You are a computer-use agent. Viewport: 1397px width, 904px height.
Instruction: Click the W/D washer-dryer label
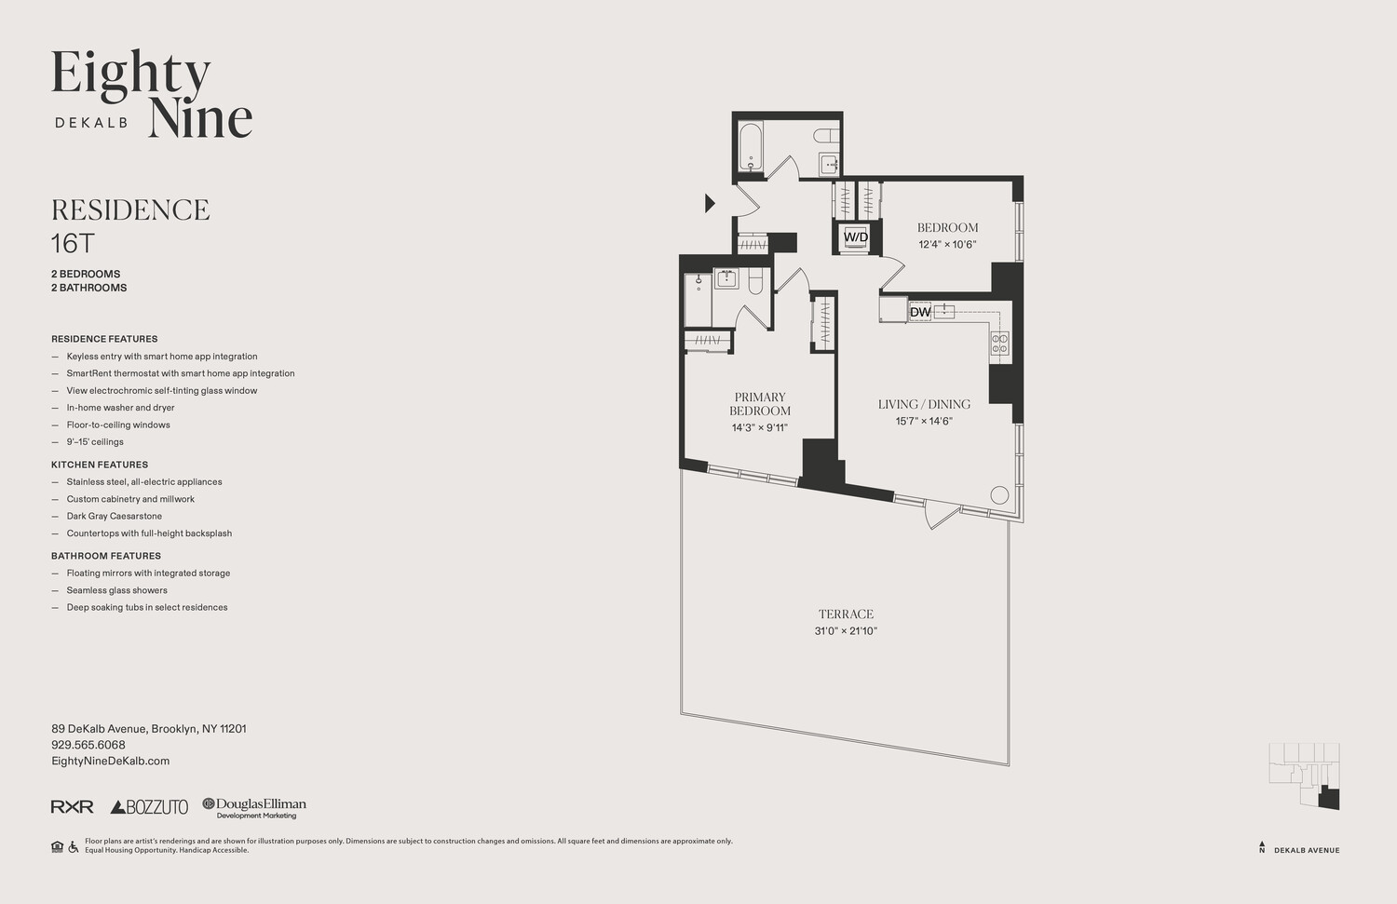point(855,237)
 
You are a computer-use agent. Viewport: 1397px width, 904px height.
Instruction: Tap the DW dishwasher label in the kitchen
point(920,312)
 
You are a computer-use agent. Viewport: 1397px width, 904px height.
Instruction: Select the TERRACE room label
point(846,614)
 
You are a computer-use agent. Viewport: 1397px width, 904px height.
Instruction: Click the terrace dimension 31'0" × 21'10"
point(846,631)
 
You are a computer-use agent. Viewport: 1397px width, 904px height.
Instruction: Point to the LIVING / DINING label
point(924,404)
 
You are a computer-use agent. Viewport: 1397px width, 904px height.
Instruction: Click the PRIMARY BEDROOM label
point(760,404)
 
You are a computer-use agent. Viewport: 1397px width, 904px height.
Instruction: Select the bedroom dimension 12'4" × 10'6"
point(947,245)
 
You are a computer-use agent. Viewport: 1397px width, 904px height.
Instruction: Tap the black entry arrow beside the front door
point(710,202)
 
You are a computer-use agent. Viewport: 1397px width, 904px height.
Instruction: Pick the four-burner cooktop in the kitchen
point(999,344)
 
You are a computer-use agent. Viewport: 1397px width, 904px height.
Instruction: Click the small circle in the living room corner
point(999,494)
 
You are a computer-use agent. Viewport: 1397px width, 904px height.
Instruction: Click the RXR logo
point(72,807)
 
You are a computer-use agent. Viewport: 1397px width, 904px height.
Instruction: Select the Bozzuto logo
point(149,807)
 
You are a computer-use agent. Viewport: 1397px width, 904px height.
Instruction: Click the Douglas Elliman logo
point(254,807)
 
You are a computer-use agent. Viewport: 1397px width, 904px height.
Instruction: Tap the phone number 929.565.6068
point(88,745)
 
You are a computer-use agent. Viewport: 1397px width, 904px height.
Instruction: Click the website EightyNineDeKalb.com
point(110,761)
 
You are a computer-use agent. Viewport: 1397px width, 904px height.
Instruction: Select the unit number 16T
point(73,244)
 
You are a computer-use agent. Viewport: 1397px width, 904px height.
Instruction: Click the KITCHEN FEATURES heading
point(100,465)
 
